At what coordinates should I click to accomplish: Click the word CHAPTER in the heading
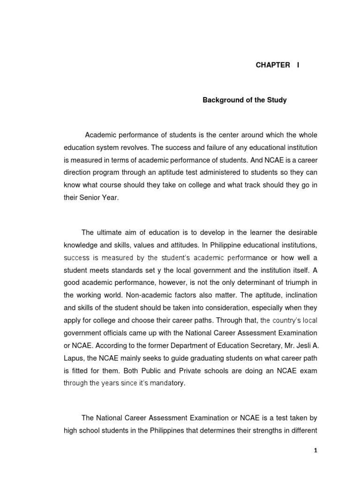(272, 65)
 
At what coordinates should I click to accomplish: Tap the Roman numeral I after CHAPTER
(297, 65)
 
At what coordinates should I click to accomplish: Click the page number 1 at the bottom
(315, 450)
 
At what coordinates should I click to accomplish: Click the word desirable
(300, 232)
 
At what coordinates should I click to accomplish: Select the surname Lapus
(74, 358)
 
